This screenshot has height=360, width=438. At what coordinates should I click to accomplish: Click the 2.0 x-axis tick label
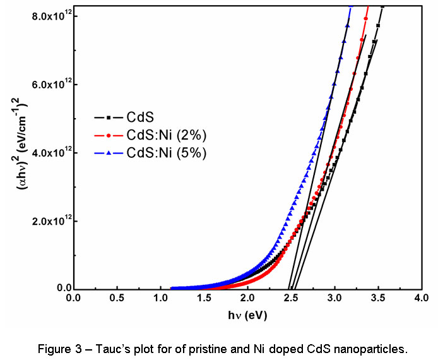point(247,300)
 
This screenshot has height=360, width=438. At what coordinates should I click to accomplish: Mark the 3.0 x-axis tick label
point(334,300)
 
